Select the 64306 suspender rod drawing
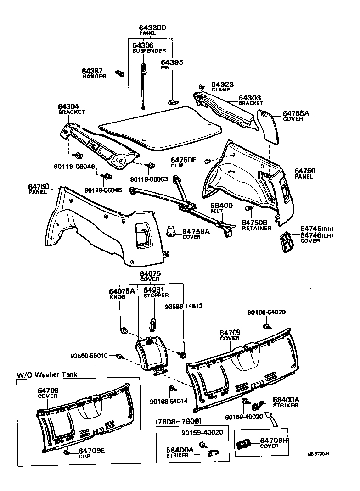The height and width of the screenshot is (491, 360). click(x=144, y=87)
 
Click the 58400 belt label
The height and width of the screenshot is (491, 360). click(x=221, y=206)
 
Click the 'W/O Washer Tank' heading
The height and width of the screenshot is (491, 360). click(x=47, y=374)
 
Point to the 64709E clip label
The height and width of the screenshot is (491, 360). click(x=91, y=451)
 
